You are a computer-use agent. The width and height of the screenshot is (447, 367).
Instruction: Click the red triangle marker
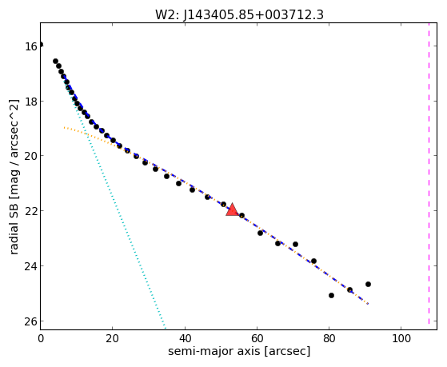[x=233, y=209]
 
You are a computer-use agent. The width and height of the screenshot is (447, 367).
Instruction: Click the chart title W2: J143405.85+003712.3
[x=239, y=14]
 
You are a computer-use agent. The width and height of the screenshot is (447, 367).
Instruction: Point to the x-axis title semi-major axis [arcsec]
[x=239, y=351]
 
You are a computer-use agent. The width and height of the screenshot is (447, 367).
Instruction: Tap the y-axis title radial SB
[x=14, y=177]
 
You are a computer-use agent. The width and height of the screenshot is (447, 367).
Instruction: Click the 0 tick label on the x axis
[x=41, y=338]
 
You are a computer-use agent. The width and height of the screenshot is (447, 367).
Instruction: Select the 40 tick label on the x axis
[x=185, y=338]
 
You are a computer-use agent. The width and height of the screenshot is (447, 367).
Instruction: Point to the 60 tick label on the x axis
[x=257, y=338]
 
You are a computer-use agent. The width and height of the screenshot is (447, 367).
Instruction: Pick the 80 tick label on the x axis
[x=329, y=338]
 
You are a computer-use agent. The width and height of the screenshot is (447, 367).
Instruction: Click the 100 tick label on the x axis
[x=401, y=338]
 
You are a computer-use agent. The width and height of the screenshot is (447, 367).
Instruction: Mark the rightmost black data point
[x=368, y=285]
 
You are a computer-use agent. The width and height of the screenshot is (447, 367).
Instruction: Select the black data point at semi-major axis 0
[x=41, y=44]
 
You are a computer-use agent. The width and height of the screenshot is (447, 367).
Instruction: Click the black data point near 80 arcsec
[x=331, y=295]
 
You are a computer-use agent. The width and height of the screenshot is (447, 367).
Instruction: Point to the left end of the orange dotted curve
[x=65, y=127]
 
